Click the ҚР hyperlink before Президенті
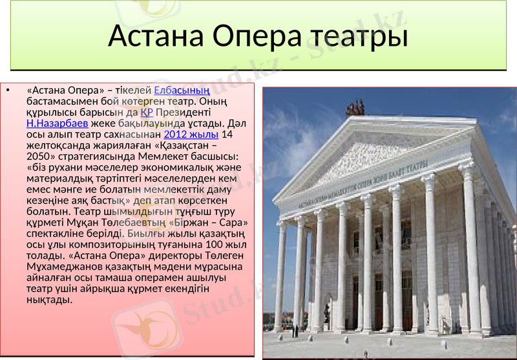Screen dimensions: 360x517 pos(145,111)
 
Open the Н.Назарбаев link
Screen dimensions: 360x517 pos(58,122)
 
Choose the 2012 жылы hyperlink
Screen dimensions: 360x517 pos(191,134)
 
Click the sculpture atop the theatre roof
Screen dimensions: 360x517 pos(355,107)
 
